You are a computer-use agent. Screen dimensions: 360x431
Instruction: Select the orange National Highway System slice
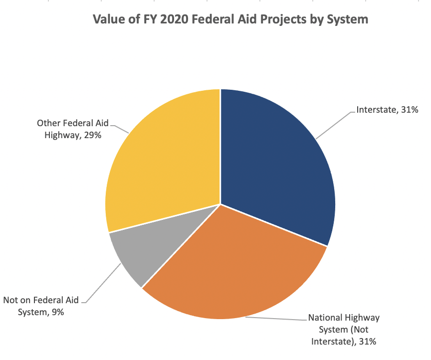tap(234, 269)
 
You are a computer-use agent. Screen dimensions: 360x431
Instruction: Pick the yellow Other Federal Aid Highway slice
tap(160, 160)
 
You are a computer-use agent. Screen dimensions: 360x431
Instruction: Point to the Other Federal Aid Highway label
tap(73, 129)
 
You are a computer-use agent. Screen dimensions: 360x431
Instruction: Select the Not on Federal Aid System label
tap(41, 306)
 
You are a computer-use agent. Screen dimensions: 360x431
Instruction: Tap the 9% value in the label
tap(56, 312)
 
